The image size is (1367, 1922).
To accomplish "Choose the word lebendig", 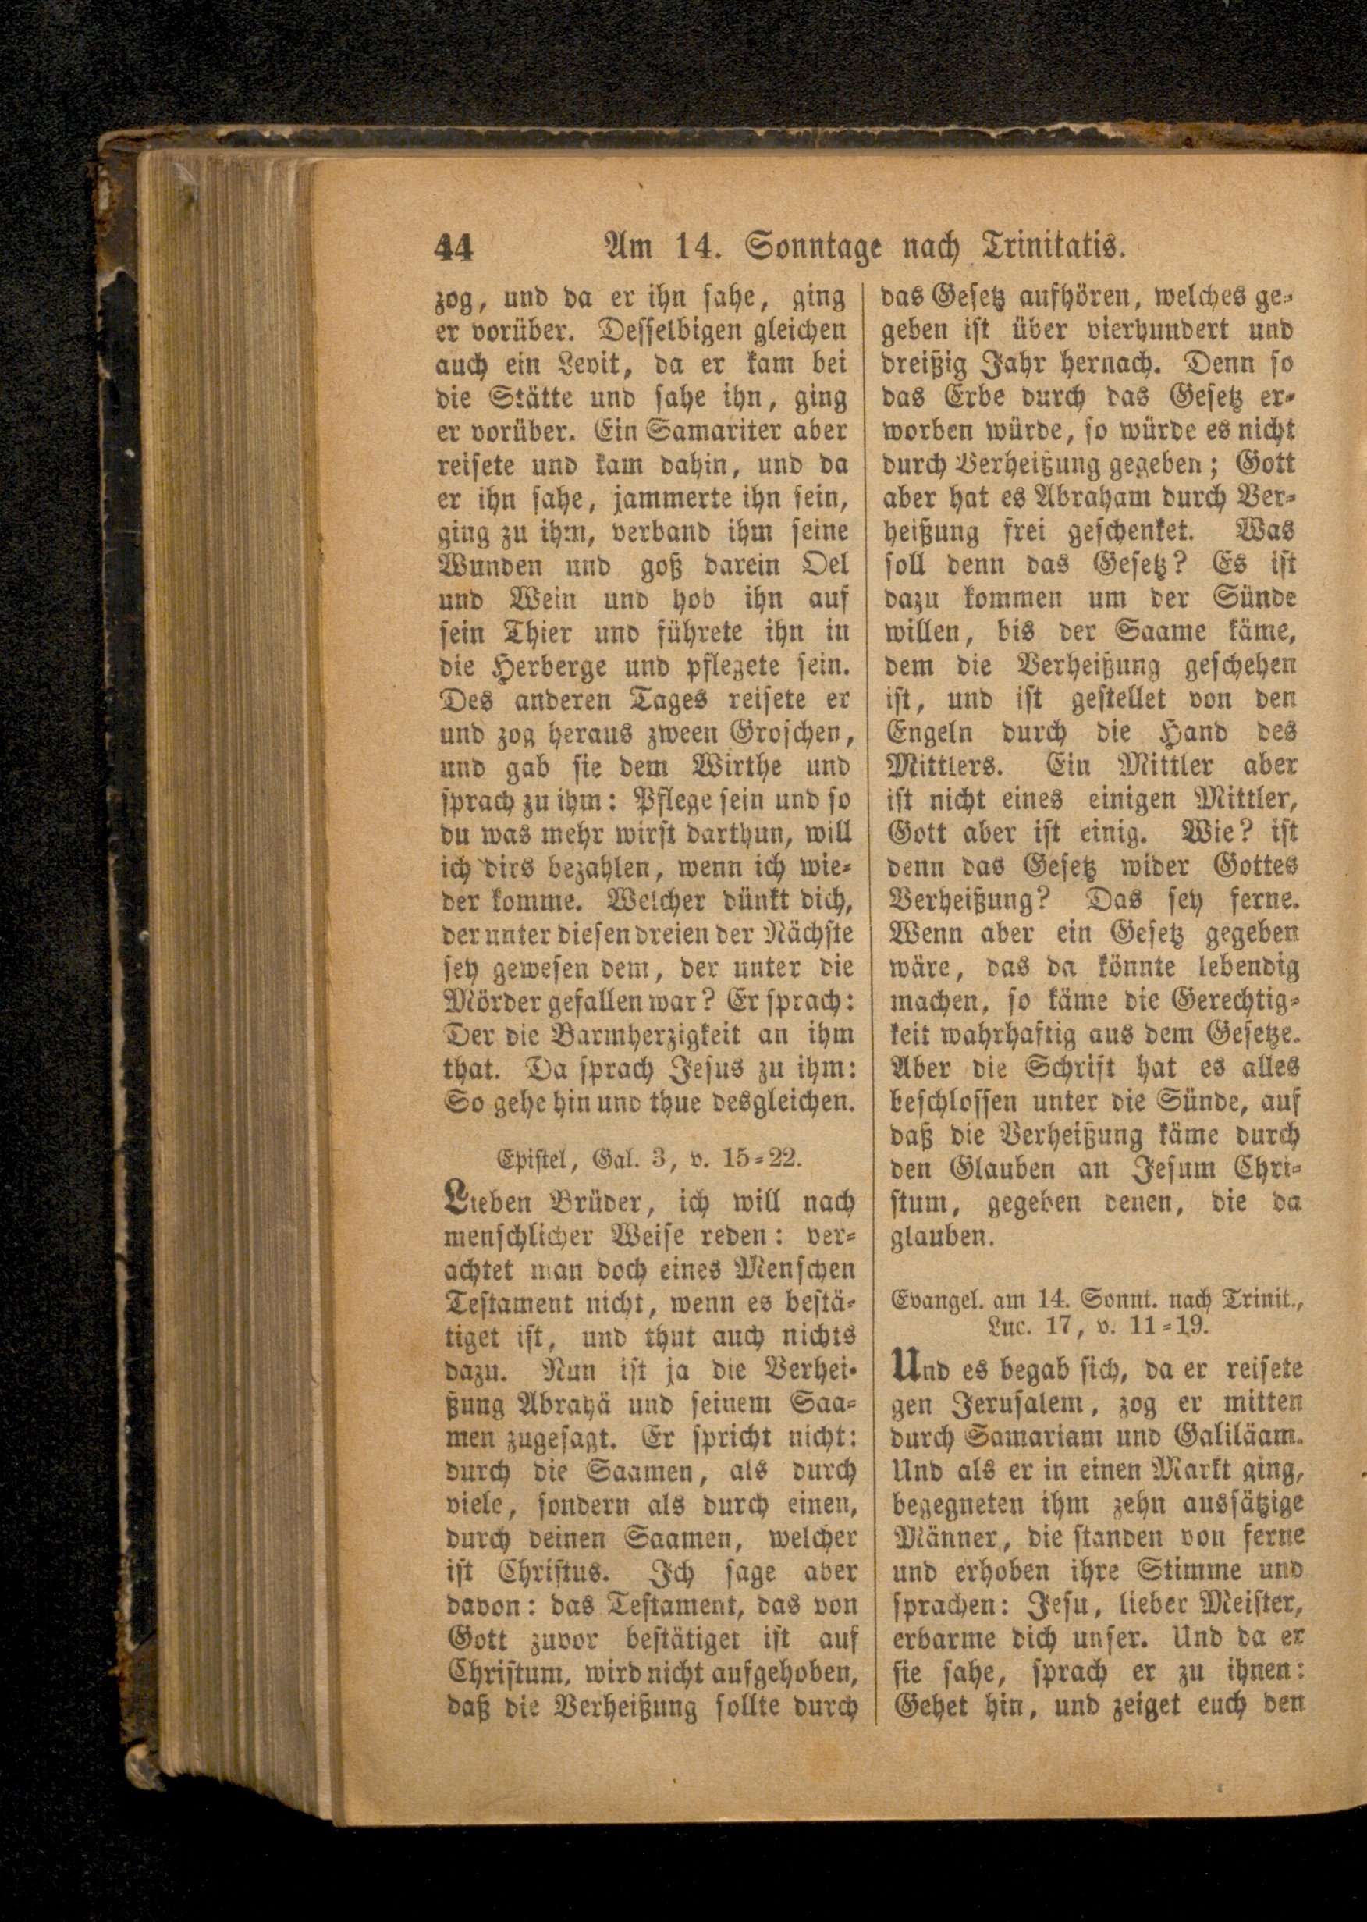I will point(1248,968).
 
